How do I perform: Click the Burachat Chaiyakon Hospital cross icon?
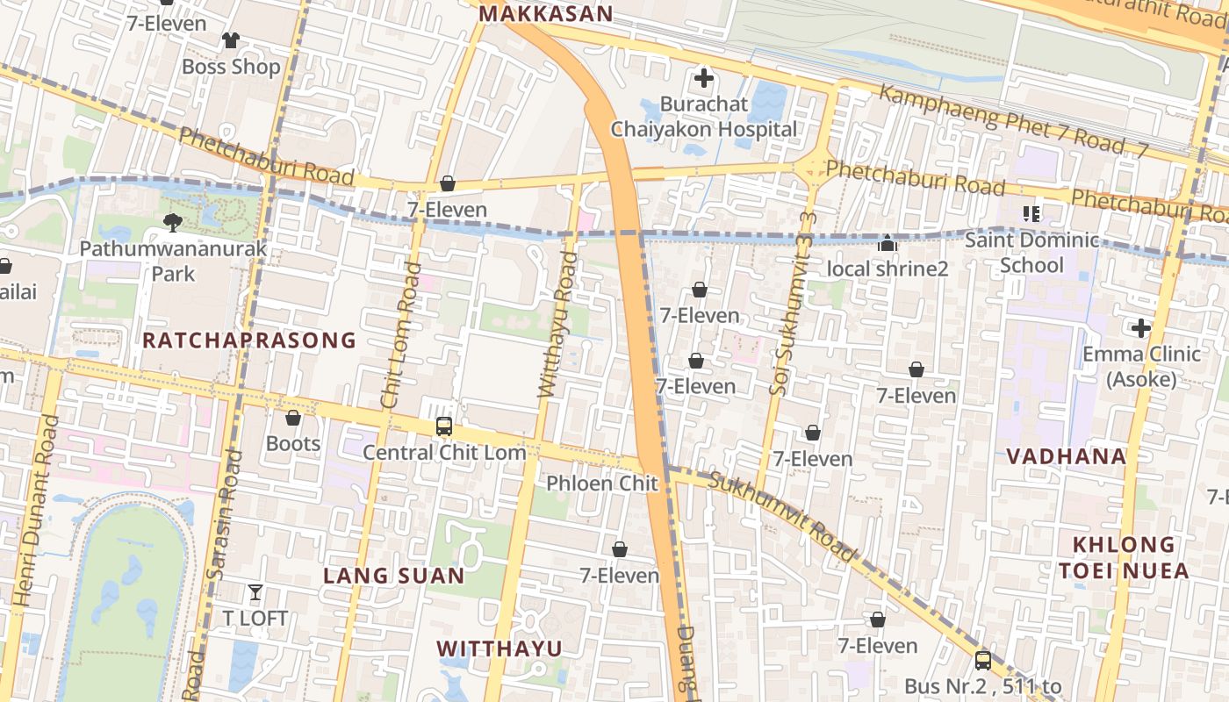click(x=703, y=78)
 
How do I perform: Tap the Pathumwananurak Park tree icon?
click(x=173, y=223)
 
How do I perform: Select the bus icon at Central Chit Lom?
click(x=444, y=426)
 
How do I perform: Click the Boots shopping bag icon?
click(x=293, y=418)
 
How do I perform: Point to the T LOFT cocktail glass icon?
click(x=255, y=592)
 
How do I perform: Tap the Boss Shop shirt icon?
click(x=231, y=40)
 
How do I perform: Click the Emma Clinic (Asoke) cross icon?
click(x=1140, y=329)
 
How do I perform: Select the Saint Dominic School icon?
click(x=1031, y=213)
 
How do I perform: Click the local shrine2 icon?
click(x=888, y=243)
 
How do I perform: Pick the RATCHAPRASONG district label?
click(x=249, y=340)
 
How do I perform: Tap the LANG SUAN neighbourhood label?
click(x=394, y=576)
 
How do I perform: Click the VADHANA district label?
click(x=1067, y=456)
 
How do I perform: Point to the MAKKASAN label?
click(x=545, y=14)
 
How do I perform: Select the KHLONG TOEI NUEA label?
click(x=1124, y=558)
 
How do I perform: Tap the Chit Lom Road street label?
click(x=400, y=335)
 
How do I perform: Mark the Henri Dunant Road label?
click(x=37, y=511)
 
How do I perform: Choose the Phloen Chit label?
click(x=602, y=484)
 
